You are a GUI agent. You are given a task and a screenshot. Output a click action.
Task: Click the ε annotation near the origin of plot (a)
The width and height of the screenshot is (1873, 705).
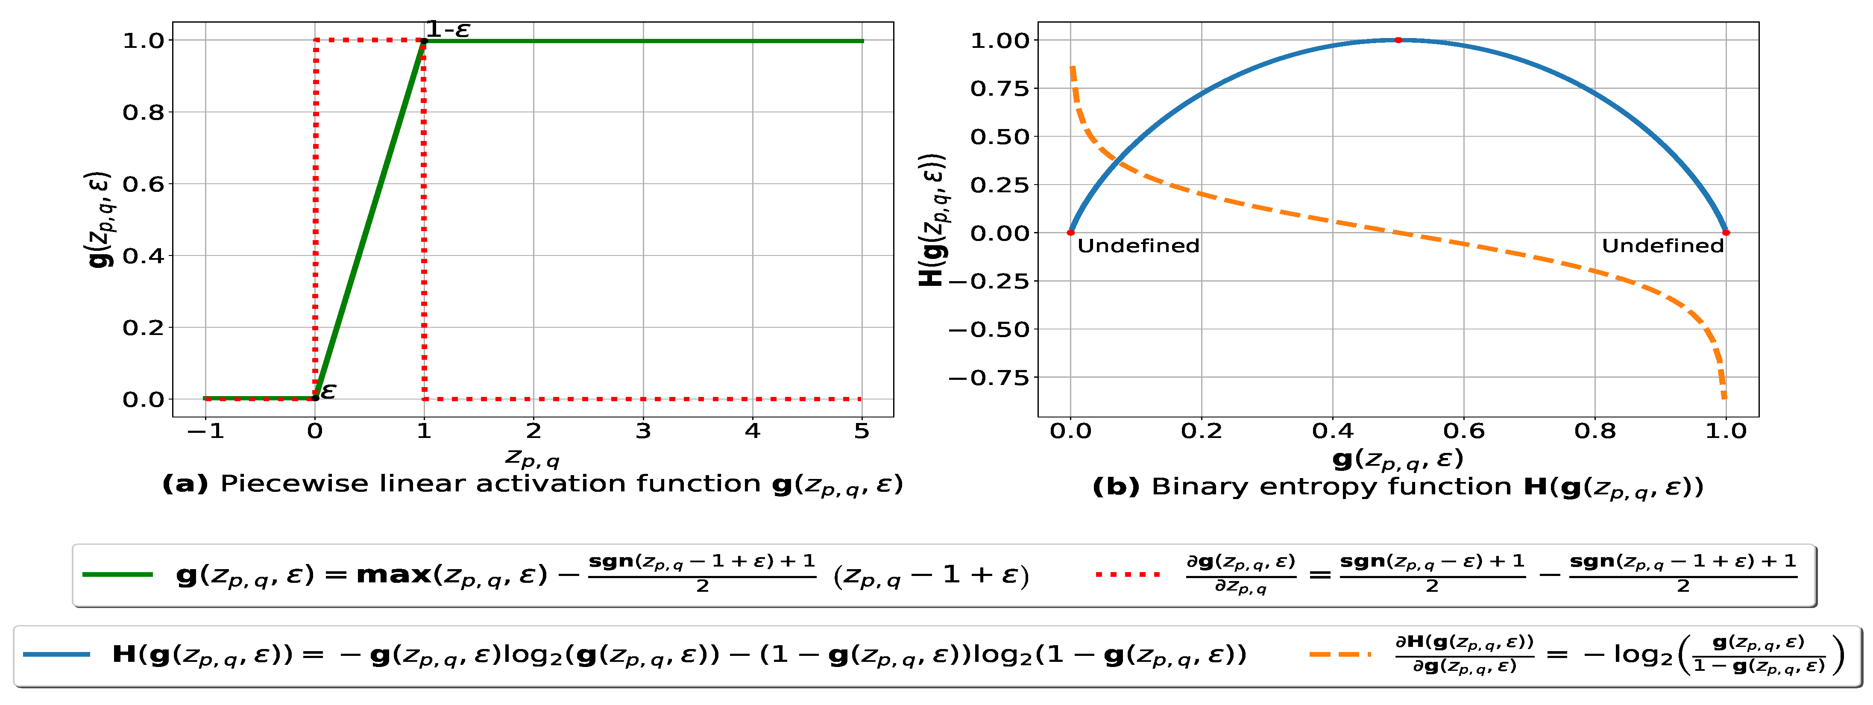[x=328, y=391]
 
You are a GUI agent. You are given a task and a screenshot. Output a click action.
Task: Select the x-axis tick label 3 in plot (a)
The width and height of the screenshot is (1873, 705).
[x=643, y=432]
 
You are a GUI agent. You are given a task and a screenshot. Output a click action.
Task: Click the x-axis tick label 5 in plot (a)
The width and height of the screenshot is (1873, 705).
[x=862, y=432]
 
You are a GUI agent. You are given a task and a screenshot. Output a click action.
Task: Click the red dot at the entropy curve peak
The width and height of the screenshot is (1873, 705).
[x=1398, y=40]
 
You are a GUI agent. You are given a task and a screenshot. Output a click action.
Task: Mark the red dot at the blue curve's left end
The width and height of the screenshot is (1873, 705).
[x=1070, y=233]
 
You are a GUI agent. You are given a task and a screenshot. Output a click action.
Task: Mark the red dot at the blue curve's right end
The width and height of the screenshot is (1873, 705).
[x=1725, y=233]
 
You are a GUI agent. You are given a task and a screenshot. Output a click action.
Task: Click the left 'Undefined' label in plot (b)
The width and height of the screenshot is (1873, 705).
[x=1138, y=246]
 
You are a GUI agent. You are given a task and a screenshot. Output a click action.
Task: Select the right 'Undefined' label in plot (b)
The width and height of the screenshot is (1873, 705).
[x=1662, y=246]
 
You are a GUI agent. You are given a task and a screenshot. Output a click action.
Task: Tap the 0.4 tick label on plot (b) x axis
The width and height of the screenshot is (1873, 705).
[x=1332, y=432]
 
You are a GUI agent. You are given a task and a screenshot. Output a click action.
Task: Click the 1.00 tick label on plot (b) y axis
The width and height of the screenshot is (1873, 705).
[x=1000, y=41]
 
